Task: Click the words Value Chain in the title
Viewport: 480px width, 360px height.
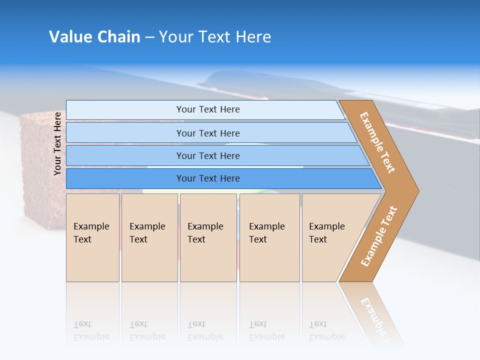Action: click(94, 36)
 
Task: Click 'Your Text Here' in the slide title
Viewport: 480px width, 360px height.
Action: click(215, 36)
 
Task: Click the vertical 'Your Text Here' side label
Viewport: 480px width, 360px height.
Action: click(57, 143)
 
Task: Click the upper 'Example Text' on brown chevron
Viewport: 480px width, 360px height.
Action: click(377, 142)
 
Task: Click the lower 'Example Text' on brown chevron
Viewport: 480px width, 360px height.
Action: click(379, 236)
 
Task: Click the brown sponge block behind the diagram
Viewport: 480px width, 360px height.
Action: click(42, 165)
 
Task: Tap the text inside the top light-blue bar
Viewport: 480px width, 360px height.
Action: click(208, 109)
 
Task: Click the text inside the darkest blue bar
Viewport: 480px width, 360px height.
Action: click(208, 178)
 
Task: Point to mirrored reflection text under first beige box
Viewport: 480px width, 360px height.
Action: click(91, 330)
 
